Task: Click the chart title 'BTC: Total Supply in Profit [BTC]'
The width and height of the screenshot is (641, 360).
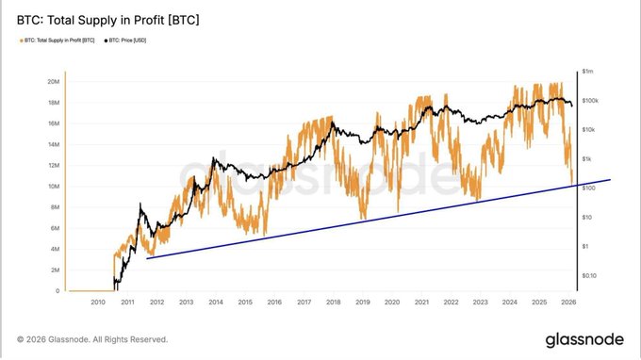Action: pos(108,19)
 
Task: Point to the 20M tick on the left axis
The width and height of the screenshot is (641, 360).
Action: pos(54,81)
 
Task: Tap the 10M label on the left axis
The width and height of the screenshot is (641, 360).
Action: pos(54,187)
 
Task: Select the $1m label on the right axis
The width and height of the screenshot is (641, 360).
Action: pos(588,72)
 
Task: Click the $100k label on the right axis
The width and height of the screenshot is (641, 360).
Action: pos(590,100)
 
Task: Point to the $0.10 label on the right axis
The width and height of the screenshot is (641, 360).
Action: pos(590,275)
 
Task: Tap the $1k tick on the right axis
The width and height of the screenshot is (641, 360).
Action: pos(587,158)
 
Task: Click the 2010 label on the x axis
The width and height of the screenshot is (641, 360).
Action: pos(97,303)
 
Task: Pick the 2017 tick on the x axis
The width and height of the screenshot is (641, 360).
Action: pos(304,303)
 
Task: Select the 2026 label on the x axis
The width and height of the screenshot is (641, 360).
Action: pos(568,303)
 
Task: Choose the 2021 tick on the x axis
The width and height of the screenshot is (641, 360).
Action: pos(421,303)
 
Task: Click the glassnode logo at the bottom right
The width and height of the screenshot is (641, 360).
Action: pos(581,339)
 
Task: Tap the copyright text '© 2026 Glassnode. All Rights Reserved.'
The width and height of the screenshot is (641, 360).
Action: pos(92,339)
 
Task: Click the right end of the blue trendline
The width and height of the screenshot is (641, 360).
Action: pos(611,179)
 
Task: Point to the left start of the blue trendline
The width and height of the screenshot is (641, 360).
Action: pos(147,258)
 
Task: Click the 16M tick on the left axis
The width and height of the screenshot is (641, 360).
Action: pos(54,123)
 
